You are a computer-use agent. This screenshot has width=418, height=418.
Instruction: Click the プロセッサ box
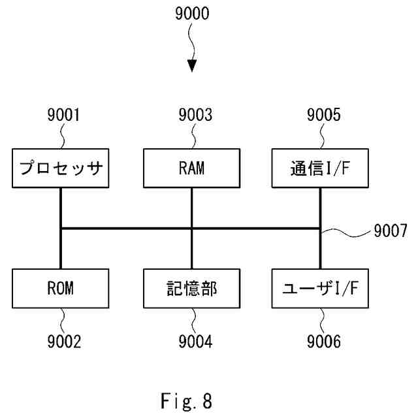point(60,169)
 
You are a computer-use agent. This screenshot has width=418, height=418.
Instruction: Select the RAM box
point(191,169)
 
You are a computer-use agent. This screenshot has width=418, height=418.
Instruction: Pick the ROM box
point(60,289)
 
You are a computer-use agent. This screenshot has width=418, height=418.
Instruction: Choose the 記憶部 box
point(191,289)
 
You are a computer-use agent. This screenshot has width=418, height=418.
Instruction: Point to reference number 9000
point(192,15)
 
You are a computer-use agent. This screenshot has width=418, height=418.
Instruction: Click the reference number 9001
point(63,116)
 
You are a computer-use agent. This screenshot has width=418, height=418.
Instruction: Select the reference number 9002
point(63,342)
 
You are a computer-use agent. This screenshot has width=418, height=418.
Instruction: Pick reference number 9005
point(323,116)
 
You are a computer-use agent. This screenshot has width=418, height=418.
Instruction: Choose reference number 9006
point(323,342)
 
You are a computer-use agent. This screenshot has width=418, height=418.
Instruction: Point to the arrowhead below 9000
point(191,66)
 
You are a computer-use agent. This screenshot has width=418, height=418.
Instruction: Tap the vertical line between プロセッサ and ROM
point(60,209)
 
